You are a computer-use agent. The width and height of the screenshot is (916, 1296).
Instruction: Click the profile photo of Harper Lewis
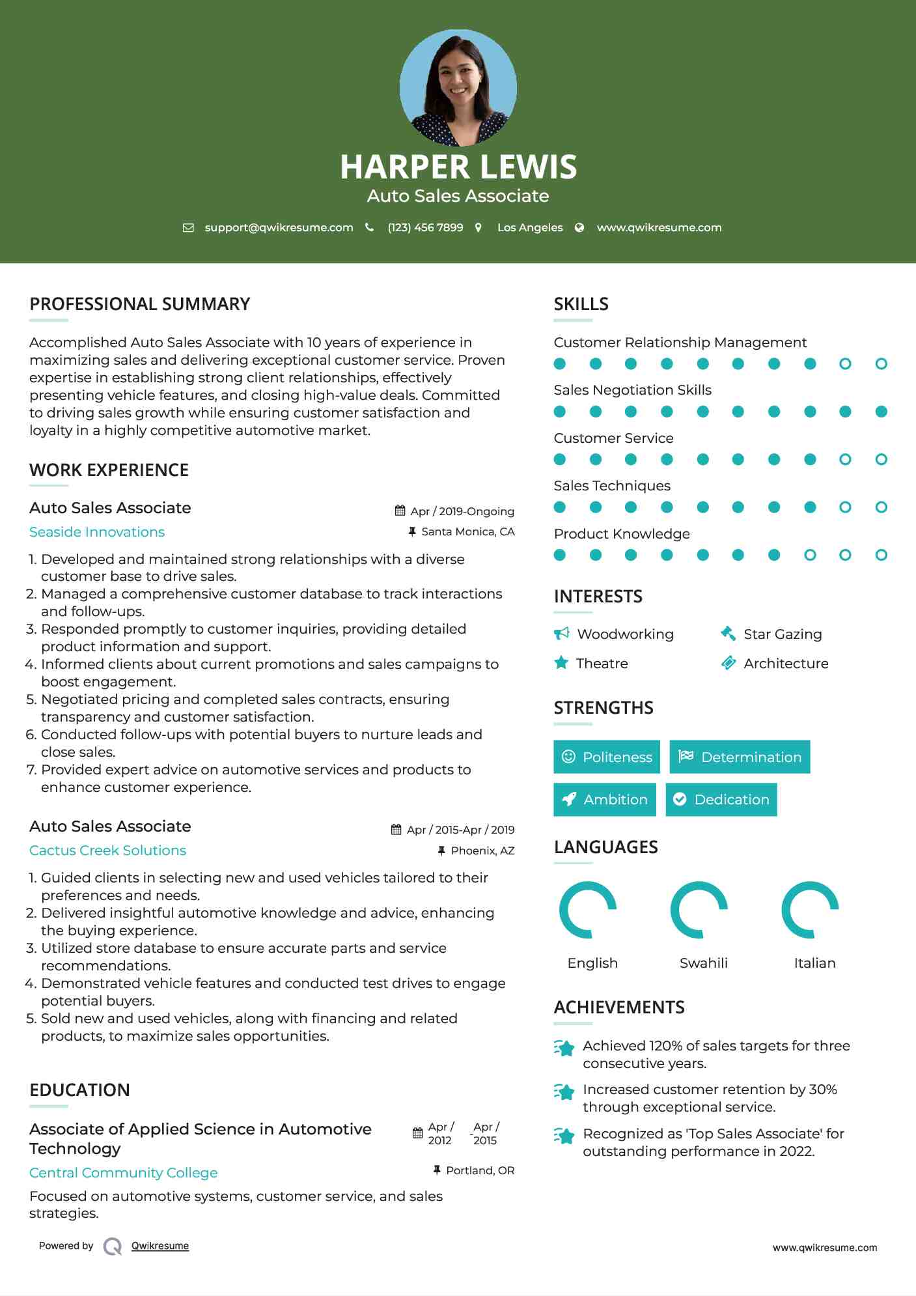pos(458,87)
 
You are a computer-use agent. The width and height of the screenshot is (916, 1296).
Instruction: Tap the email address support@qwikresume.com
pos(279,227)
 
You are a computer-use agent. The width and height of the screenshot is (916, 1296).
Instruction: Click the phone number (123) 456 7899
pos(425,227)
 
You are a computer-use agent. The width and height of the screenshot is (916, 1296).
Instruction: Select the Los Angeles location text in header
pos(529,227)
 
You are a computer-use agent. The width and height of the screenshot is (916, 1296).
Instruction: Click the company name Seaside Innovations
pos(97,532)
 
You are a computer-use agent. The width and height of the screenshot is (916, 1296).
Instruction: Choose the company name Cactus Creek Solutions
pos(107,851)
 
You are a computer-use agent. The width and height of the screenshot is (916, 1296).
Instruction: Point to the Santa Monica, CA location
pos(467,531)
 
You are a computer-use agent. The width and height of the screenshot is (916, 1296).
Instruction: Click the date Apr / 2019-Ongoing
pos(462,511)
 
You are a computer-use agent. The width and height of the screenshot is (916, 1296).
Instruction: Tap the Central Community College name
pos(123,1172)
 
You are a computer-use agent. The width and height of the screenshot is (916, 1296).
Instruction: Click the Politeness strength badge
pos(607,757)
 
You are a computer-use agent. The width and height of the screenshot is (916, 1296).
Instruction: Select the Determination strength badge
pos(740,757)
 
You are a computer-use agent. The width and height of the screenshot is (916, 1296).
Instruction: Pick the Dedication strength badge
pos(721,799)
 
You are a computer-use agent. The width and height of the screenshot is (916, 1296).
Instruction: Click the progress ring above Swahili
pos(699,910)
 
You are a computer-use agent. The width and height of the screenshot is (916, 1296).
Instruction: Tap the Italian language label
pos(814,963)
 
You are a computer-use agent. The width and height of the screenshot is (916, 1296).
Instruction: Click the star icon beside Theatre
pos(561,663)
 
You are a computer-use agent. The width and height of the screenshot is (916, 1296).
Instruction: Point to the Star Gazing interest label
pos(783,634)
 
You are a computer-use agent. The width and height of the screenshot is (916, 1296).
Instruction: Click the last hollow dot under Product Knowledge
pos(881,555)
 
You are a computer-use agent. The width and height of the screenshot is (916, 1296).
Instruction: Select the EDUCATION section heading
pos(79,1090)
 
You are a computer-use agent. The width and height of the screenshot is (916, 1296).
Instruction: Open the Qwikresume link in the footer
pos(160,1246)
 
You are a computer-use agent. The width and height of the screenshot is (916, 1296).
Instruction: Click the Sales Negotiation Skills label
pos(632,390)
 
